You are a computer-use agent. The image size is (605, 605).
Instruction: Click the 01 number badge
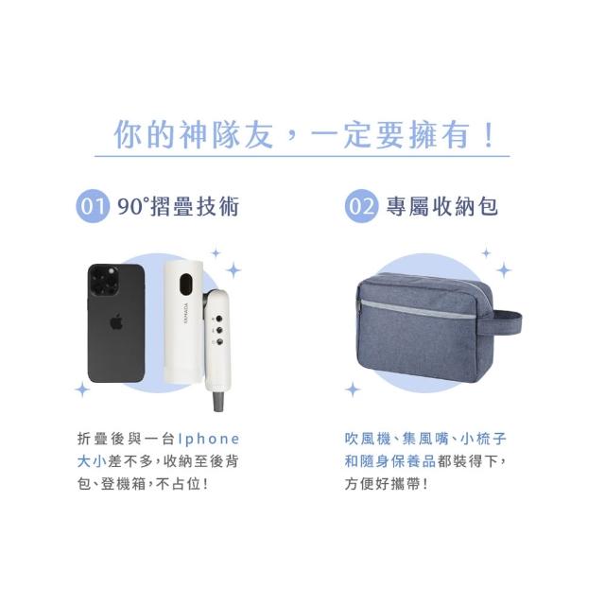93,206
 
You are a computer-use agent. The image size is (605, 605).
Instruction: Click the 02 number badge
361,206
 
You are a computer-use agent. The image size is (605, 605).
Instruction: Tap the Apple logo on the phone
116,321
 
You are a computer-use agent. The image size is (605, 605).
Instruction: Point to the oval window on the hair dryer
186,285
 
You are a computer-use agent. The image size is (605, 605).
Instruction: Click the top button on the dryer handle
219,319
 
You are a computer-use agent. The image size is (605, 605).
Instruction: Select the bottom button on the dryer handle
219,342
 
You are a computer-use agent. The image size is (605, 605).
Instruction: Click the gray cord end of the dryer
217,401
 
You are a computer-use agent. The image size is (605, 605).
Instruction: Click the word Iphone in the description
209,439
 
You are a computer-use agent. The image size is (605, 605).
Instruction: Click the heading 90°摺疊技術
179,206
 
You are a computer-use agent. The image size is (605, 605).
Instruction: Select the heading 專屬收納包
442,206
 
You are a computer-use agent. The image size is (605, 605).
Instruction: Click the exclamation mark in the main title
489,135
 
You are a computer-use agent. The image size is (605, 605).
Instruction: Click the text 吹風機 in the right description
368,439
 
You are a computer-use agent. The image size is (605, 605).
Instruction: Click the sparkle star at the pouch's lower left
353,389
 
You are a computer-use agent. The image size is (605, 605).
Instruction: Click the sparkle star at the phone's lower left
82,389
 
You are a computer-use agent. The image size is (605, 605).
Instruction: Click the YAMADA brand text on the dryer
186,313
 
